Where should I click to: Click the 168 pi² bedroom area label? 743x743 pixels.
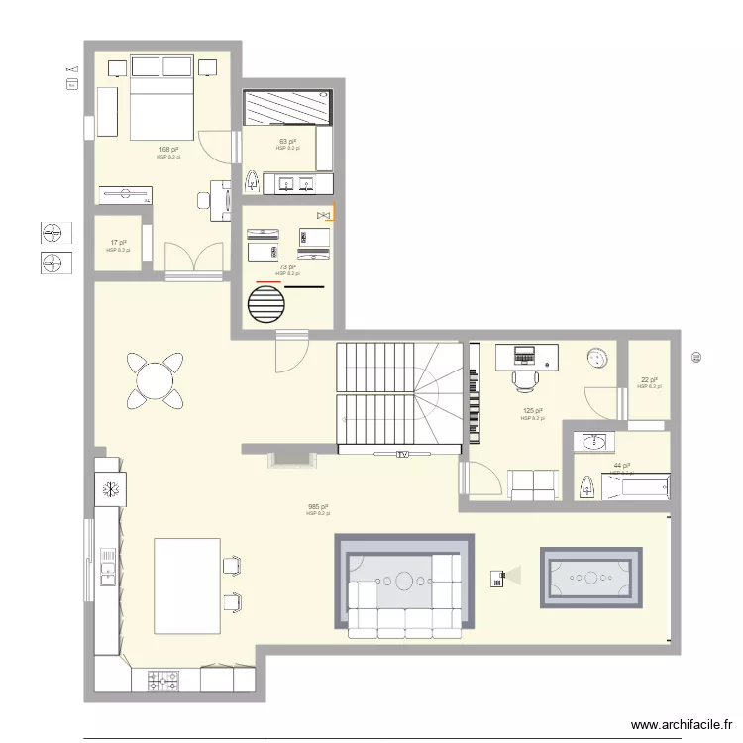tap(167, 150)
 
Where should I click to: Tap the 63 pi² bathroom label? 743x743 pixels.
tap(287, 142)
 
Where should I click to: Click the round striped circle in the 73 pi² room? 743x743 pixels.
tap(266, 304)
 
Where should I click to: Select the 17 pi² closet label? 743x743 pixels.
tap(118, 243)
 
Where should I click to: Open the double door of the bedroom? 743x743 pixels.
tap(193, 262)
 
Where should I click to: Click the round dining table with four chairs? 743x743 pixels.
tap(155, 380)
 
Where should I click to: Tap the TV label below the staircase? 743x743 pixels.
tap(402, 455)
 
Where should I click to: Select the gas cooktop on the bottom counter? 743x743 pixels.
tap(164, 681)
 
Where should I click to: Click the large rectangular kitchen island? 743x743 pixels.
tap(187, 585)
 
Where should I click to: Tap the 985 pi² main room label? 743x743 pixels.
tap(318, 507)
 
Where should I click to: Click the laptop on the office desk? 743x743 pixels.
tap(522, 352)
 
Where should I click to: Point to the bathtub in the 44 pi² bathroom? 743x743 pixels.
tap(634, 486)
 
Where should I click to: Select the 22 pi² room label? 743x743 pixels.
tap(649, 380)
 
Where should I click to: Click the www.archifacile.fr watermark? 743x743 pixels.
tap(682, 725)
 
